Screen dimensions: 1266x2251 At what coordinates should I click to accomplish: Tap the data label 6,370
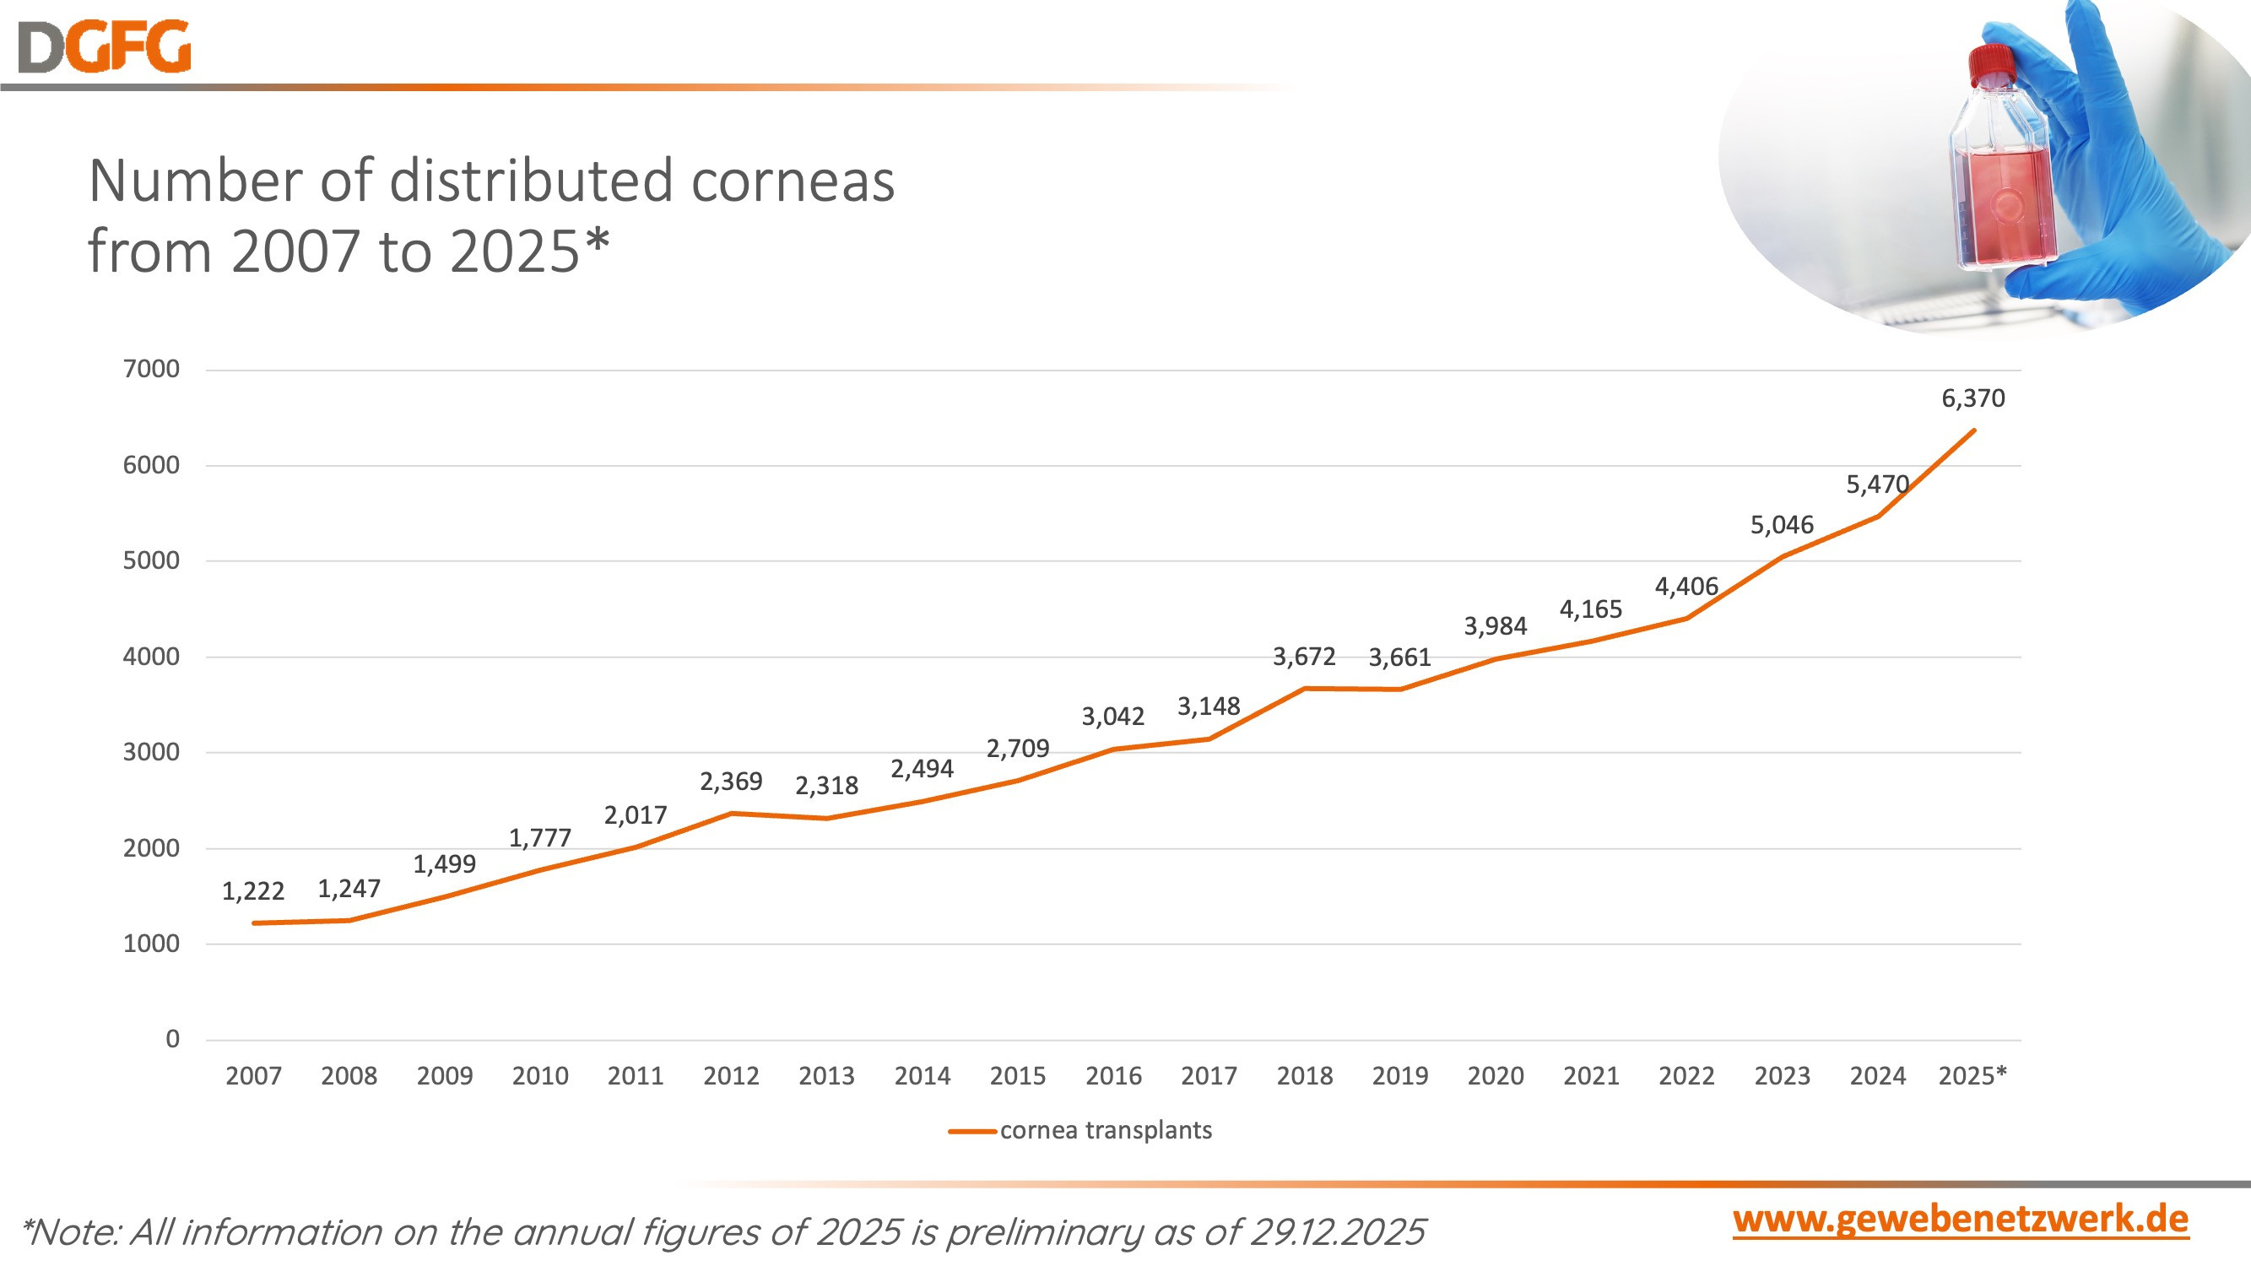(1972, 398)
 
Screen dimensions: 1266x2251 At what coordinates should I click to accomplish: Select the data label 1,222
(252, 891)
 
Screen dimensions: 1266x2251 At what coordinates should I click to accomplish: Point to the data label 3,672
(1304, 656)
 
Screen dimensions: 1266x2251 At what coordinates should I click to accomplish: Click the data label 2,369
(731, 781)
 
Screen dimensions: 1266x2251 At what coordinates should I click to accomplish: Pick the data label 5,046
(1782, 525)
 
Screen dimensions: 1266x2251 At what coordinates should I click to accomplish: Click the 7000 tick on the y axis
(151, 369)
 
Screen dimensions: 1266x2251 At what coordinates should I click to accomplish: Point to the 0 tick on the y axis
(172, 1039)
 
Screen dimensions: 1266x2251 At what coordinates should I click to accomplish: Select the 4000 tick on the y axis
(151, 656)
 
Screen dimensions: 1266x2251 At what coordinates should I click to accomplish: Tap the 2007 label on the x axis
(253, 1075)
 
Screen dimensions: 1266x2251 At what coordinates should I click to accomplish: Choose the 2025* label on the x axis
(1972, 1075)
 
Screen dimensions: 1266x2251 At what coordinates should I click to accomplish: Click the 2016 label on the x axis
(1113, 1075)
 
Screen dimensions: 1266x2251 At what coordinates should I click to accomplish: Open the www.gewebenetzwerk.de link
(1960, 1220)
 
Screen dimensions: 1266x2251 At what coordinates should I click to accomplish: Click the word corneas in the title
(793, 181)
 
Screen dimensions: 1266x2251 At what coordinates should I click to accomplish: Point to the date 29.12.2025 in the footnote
(1337, 1232)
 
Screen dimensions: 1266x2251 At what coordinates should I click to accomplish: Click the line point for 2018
(1305, 689)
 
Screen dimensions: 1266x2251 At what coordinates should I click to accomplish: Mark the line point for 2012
(732, 814)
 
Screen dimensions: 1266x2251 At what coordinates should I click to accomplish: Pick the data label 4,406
(1686, 587)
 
